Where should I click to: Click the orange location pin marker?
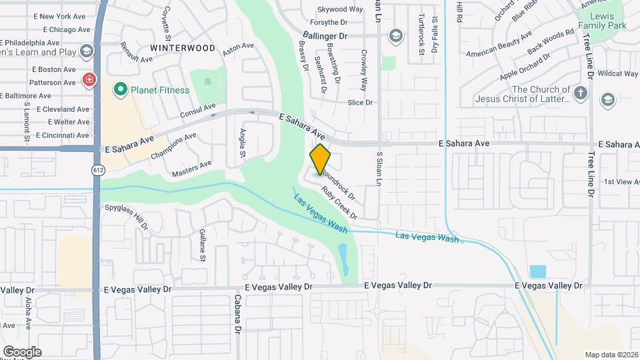[x=321, y=158]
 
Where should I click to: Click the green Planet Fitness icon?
[x=121, y=89]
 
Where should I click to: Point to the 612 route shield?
[x=98, y=170]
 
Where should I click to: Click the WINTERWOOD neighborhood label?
[x=183, y=48]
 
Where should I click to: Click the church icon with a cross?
[x=581, y=93]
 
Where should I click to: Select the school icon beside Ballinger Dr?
[x=395, y=35]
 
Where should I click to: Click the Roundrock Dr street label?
[x=338, y=185]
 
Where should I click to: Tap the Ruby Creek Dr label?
[x=339, y=203]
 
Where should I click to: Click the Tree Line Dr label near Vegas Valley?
[x=590, y=173]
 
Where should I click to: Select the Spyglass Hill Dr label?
[x=126, y=217]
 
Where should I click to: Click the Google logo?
[x=22, y=351]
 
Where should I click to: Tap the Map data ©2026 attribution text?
[x=611, y=355]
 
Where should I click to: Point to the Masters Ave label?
[x=191, y=168]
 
